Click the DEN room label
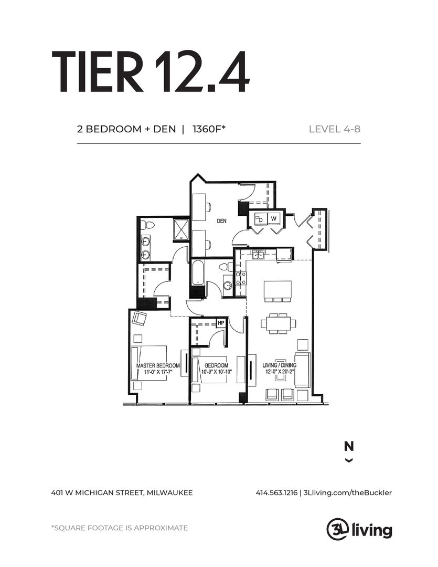point(221,220)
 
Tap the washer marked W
point(274,218)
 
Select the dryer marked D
point(261,218)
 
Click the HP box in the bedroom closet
point(221,323)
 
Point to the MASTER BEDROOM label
point(158,365)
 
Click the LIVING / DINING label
point(280,365)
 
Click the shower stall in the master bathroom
point(179,230)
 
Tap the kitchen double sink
point(258,255)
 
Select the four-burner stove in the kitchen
point(241,278)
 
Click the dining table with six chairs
point(278,323)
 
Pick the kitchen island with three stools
point(278,291)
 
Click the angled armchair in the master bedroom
point(140,318)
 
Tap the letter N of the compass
point(349,447)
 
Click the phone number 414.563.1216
point(276,492)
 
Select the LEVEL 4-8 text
point(335,129)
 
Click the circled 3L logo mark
point(337,530)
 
